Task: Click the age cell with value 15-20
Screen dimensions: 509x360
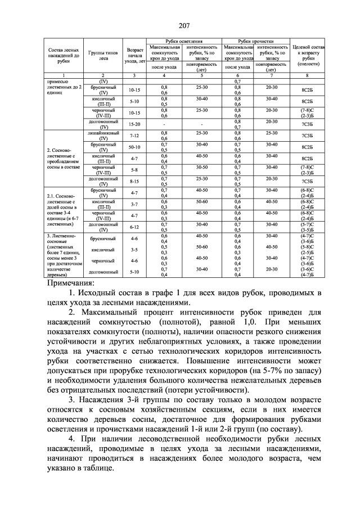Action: click(134, 124)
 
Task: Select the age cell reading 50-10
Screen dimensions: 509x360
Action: click(134, 146)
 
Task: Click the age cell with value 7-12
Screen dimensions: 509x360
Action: click(134, 136)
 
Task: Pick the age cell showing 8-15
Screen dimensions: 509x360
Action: click(134, 181)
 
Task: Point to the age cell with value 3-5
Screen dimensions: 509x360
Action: click(134, 249)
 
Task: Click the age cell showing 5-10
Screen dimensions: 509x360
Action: click(134, 272)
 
